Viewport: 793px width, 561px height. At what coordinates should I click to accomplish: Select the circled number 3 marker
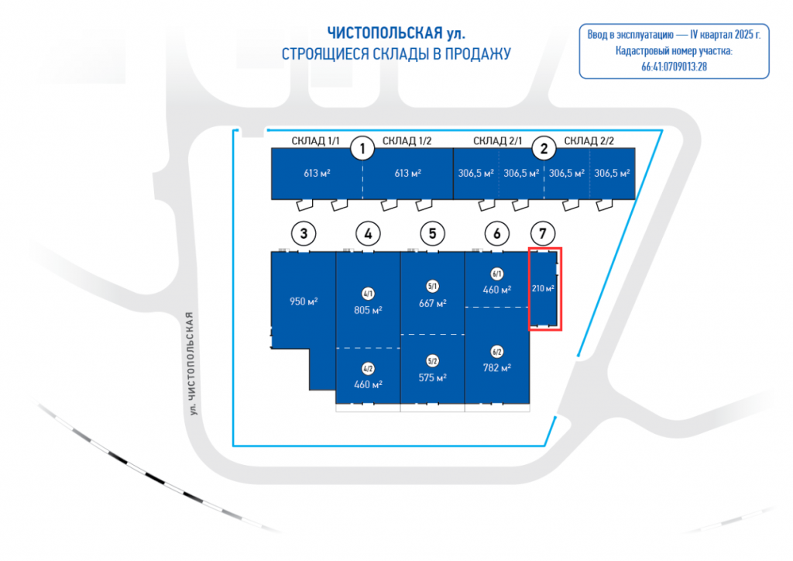pos(304,232)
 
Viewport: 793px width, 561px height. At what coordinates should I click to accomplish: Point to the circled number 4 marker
pos(368,232)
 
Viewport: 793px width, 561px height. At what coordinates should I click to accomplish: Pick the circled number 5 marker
pos(432,232)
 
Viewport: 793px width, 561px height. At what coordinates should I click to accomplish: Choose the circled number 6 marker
pos(496,232)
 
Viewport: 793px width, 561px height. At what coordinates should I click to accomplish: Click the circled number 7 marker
pos(543,232)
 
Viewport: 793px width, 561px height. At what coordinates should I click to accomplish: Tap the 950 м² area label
pos(304,301)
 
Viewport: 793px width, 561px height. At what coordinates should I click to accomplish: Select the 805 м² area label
pos(368,309)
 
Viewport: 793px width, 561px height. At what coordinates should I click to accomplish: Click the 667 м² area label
pos(432,303)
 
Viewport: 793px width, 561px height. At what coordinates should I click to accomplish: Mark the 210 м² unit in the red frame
pos(544,289)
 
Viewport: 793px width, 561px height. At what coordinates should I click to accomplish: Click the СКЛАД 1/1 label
pos(316,140)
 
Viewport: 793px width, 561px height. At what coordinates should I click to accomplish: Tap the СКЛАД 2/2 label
pos(589,140)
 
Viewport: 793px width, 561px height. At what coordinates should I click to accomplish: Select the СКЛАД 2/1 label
pos(497,140)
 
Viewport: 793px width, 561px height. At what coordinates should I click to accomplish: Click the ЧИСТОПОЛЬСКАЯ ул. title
pos(396,33)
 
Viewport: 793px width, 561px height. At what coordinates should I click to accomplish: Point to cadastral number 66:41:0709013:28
pos(674,67)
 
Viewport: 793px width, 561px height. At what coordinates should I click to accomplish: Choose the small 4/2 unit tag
pos(368,369)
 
